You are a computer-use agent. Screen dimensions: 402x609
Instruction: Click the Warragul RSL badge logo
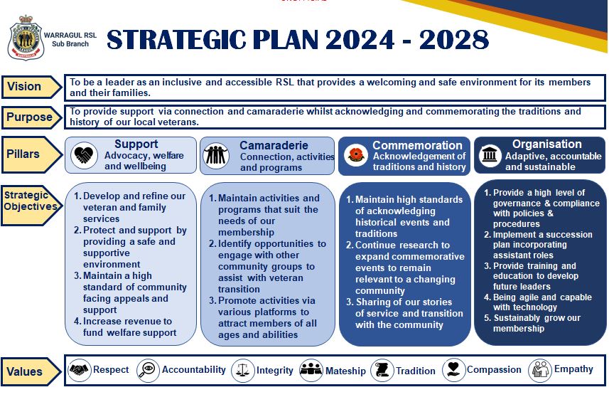point(26,39)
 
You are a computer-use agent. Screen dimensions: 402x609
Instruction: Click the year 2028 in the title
point(454,41)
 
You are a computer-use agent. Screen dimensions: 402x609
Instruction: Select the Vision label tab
point(26,87)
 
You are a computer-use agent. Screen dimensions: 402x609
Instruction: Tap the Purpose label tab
point(29,117)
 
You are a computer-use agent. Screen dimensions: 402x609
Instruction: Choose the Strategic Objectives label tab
point(29,201)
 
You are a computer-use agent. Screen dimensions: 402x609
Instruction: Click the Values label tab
point(26,371)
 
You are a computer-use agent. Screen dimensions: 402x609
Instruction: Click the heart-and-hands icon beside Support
point(85,155)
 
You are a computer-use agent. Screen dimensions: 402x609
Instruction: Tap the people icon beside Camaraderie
point(216,155)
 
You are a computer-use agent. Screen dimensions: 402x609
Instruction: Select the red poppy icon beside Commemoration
point(355,155)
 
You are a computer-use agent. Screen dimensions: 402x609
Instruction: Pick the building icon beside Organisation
point(490,155)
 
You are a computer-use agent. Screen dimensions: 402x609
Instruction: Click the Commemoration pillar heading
point(417,145)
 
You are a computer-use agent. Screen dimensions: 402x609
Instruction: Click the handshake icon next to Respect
point(80,370)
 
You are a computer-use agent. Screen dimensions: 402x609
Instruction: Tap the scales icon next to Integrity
point(243,370)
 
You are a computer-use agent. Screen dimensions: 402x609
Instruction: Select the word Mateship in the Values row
point(345,371)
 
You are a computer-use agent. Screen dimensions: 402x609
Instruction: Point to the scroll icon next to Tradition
point(382,370)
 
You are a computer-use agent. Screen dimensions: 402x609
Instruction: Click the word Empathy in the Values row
point(573,369)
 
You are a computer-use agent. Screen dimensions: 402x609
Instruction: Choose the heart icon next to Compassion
point(453,370)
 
